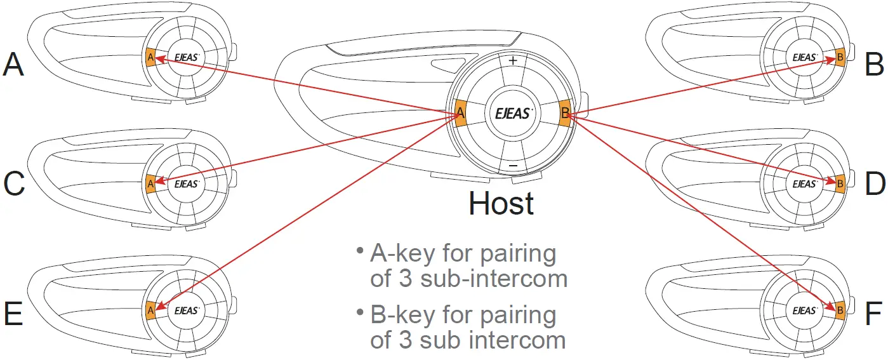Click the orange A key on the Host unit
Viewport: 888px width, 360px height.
point(461,114)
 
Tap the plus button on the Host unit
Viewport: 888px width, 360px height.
point(513,61)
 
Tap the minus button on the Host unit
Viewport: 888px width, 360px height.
point(514,166)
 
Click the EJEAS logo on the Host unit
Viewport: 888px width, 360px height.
point(513,114)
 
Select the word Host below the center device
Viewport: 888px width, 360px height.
point(501,203)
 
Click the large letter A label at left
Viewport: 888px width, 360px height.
point(13,64)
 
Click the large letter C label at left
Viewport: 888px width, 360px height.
point(14,183)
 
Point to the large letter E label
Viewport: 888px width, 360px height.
point(13,314)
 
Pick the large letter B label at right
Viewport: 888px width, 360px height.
point(874,63)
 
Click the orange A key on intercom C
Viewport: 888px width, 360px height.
point(150,183)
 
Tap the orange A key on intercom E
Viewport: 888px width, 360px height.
point(150,310)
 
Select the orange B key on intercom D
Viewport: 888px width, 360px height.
point(840,183)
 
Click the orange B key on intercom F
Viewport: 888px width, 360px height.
point(840,310)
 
